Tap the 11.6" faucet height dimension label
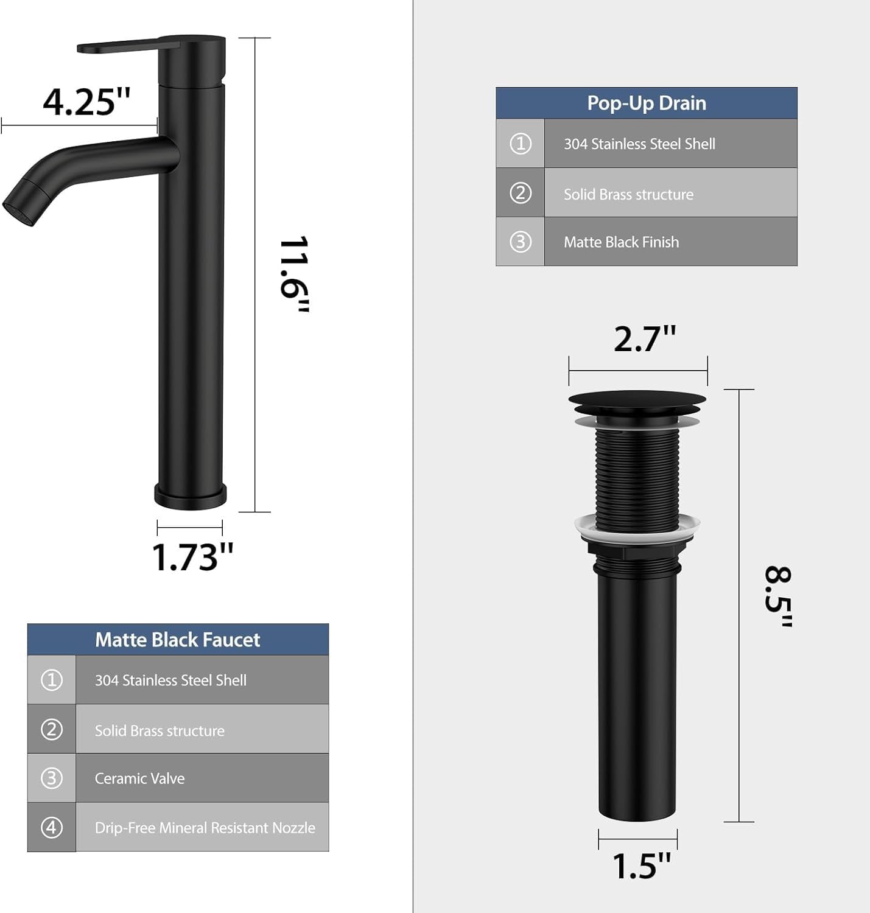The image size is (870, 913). pyautogui.click(x=295, y=275)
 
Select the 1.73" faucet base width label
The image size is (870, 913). pyautogui.click(x=192, y=557)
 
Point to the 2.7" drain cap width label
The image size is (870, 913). pyautogui.click(x=645, y=338)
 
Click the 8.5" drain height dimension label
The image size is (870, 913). pyautogui.click(x=779, y=596)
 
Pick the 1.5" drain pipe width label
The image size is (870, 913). pyautogui.click(x=642, y=865)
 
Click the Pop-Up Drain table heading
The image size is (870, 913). pyautogui.click(x=647, y=103)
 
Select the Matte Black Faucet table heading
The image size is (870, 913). pyautogui.click(x=177, y=640)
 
